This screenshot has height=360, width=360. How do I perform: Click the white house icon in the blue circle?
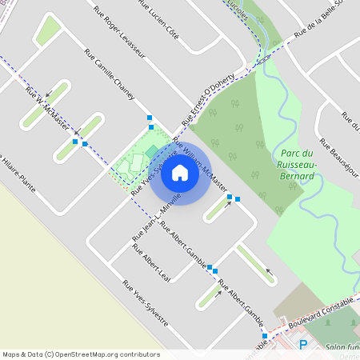coord(180,172)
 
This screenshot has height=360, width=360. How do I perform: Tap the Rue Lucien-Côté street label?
coord(158,21)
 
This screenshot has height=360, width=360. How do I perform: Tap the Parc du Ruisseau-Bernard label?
coord(299,164)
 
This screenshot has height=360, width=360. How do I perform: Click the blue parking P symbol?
coord(303,346)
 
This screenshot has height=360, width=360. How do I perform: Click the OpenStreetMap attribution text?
coord(81,354)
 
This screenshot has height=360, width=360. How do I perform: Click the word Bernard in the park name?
coord(300,176)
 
